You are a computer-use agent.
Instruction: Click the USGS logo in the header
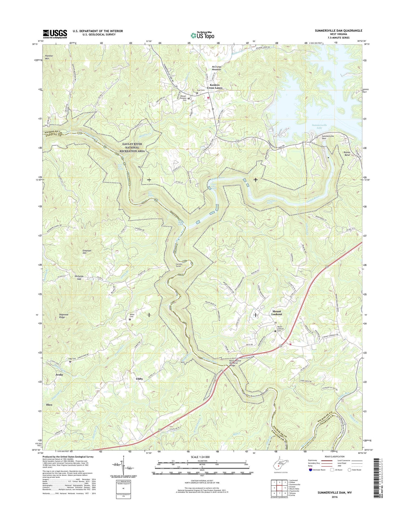[x=55, y=34]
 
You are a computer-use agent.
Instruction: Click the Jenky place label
[x=59, y=375]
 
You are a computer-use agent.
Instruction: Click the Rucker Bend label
[x=347, y=154]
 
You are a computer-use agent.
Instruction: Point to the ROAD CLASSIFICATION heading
[x=335, y=456]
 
